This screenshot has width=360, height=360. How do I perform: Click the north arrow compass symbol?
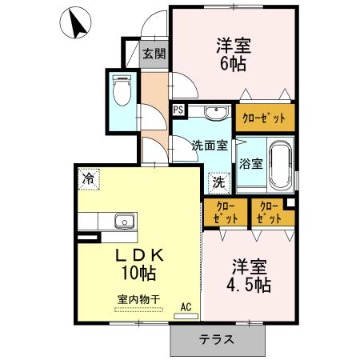pyautogui.click(x=75, y=22)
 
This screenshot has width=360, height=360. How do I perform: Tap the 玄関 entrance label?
pyautogui.click(x=154, y=54)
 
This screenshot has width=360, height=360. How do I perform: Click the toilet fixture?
pyautogui.click(x=122, y=90)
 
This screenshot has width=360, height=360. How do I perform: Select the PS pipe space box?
pyautogui.click(x=178, y=110)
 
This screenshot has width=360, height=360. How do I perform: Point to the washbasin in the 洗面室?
pyautogui.click(x=216, y=112)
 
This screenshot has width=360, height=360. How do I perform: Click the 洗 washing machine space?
pyautogui.click(x=219, y=182)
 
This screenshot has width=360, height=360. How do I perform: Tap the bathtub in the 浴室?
pyautogui.click(x=280, y=165)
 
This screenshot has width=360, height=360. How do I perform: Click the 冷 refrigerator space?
pyautogui.click(x=89, y=179)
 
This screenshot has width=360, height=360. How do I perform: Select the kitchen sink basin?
pyautogui.click(x=124, y=221)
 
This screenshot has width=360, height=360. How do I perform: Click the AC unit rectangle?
pyautogui.click(x=186, y=316)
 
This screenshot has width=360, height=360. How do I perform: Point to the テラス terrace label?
pyautogui.click(x=217, y=339)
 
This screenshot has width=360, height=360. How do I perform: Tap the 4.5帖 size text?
pyautogui.click(x=249, y=285)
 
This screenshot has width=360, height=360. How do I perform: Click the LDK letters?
pyautogui.click(x=139, y=256)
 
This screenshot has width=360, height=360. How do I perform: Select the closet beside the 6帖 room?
pyautogui.click(x=265, y=118)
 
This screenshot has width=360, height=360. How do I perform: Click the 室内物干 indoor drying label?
pyautogui.click(x=138, y=300)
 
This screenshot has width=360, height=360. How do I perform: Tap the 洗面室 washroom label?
pyautogui.click(x=210, y=146)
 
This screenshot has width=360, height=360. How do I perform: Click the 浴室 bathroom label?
pyautogui.click(x=251, y=164)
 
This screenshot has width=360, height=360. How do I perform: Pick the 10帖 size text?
pyautogui.click(x=138, y=273)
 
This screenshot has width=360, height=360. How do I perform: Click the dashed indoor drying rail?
pyautogui.click(x=138, y=310)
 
